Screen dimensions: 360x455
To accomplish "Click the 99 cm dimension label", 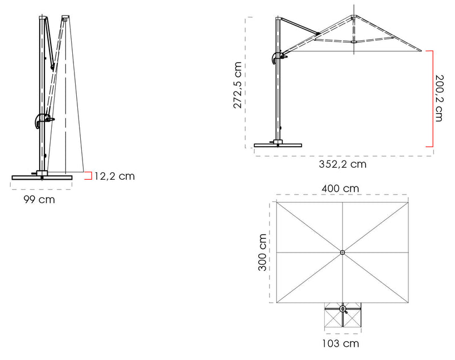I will [x=39, y=200].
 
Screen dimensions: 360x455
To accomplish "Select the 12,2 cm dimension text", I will [x=114, y=176].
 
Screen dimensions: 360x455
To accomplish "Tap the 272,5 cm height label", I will [x=238, y=85].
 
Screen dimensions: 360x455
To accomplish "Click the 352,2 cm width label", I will [x=342, y=164].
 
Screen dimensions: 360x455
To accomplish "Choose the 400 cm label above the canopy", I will [x=342, y=188].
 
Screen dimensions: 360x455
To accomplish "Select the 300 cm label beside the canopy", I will [x=262, y=253].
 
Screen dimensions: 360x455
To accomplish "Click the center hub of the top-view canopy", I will [x=342, y=253].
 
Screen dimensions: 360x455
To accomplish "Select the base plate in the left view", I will [x=43, y=177].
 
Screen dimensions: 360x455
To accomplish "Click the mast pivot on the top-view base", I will [x=342, y=309].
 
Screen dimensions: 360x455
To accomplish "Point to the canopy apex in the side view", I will [x=354, y=16].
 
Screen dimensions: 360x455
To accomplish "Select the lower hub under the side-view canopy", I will [x=354, y=41].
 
